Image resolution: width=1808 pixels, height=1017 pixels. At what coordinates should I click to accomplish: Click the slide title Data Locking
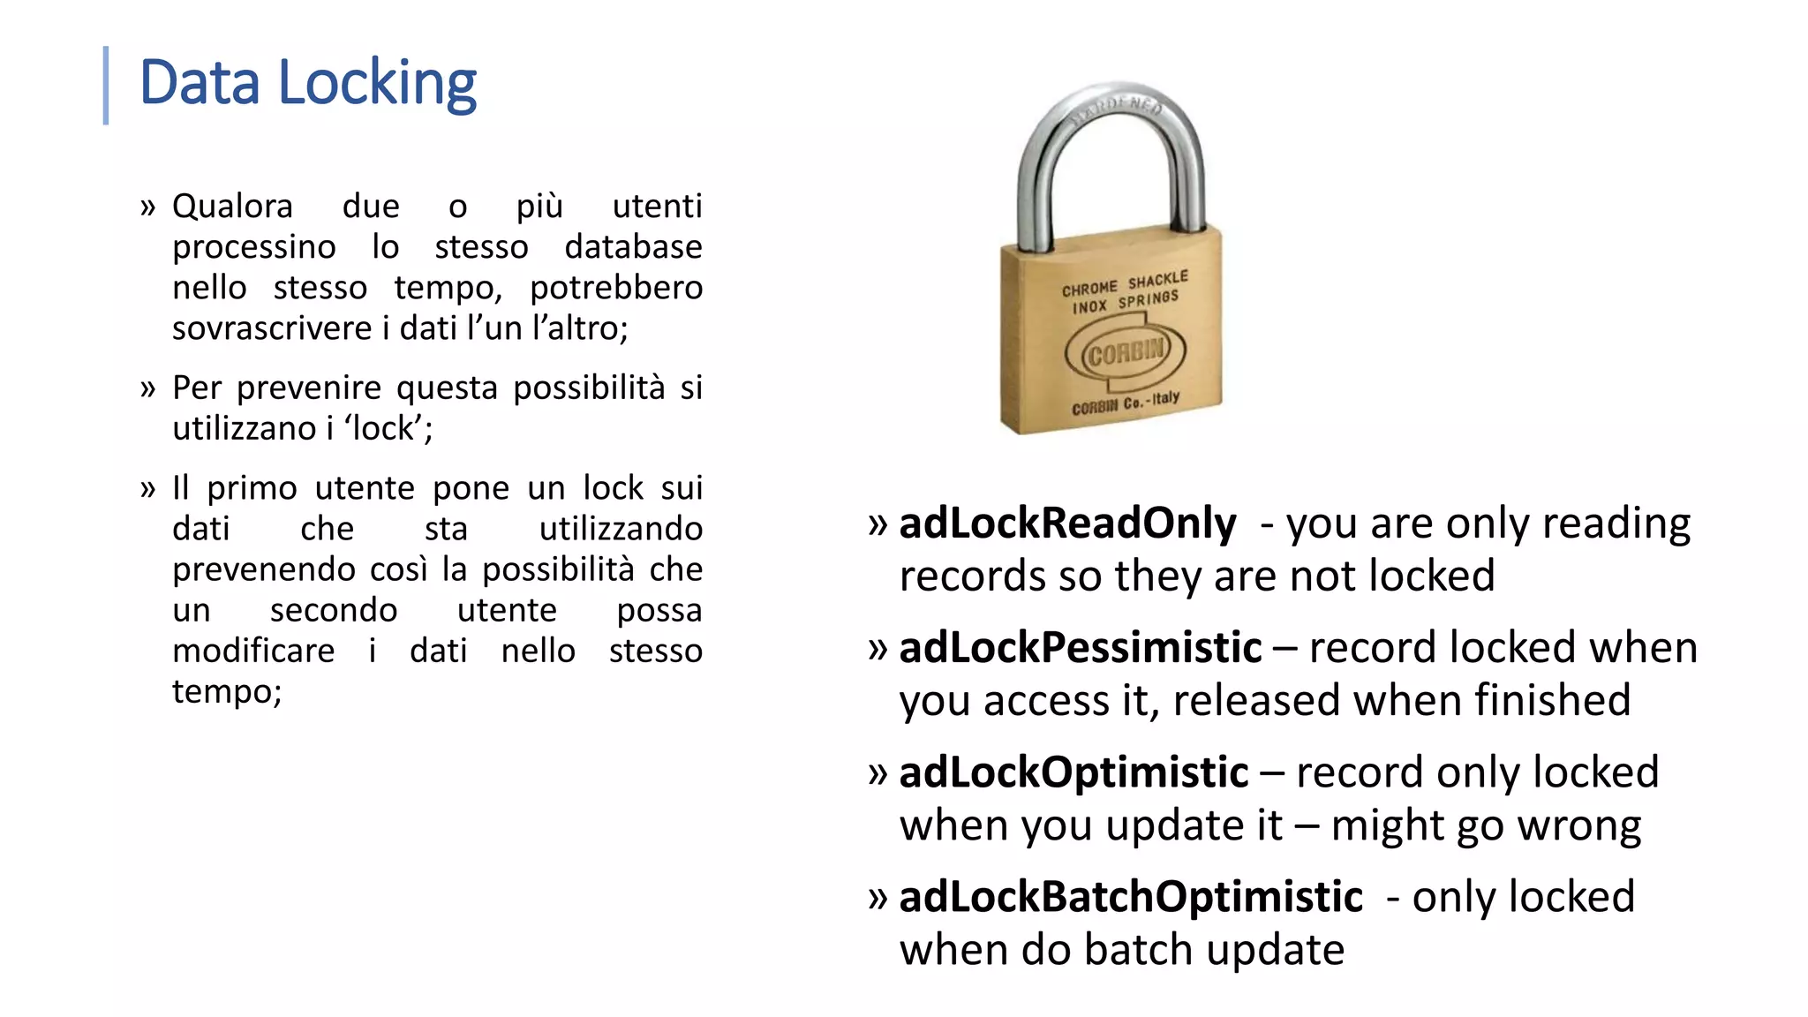(x=307, y=84)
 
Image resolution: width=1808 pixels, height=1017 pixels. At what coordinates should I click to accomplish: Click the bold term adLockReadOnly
(x=1067, y=524)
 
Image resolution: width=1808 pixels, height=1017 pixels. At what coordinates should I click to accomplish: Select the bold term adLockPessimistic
(x=1080, y=648)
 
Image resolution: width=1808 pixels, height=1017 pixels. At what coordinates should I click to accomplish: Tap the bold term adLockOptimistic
(x=1073, y=772)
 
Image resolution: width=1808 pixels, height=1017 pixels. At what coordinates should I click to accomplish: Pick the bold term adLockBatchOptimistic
(x=1130, y=897)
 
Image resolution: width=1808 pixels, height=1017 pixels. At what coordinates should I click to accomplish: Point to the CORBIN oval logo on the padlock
(x=1126, y=354)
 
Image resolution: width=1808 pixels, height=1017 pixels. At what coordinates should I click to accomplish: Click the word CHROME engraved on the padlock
(x=1089, y=289)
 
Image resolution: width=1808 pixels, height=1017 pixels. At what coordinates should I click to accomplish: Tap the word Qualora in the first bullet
(x=232, y=207)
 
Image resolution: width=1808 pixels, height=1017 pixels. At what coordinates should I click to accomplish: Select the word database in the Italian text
(x=633, y=247)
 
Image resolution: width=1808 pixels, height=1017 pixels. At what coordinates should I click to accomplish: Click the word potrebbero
(x=615, y=288)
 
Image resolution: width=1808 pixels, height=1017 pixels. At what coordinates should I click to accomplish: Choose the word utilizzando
(x=621, y=529)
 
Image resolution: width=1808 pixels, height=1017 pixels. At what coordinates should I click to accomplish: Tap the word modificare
(x=253, y=652)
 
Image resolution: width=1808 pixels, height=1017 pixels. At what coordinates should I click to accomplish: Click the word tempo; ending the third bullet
(x=227, y=692)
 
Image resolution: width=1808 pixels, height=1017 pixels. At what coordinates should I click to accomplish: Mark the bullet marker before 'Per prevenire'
(x=147, y=388)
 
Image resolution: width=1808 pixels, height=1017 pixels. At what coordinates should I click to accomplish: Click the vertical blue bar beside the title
(x=106, y=85)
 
